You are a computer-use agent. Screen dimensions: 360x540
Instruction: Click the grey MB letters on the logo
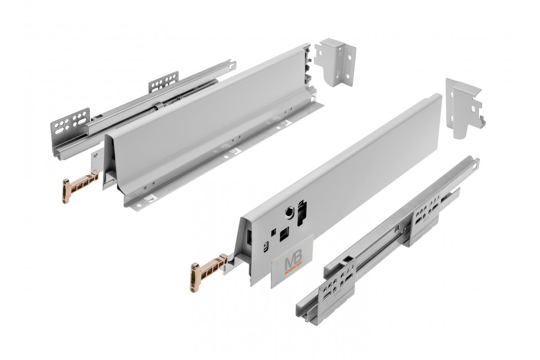(x=291, y=263)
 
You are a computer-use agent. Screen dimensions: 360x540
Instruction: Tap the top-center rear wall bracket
(x=335, y=62)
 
